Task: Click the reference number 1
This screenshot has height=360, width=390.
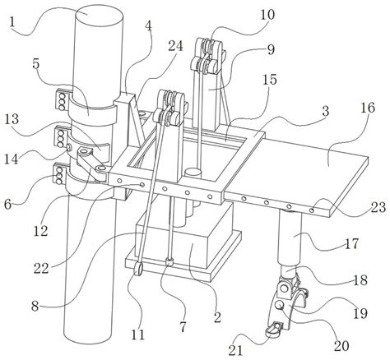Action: (x=12, y=22)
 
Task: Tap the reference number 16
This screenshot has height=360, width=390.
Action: (x=368, y=108)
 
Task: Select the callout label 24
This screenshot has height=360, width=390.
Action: (x=175, y=46)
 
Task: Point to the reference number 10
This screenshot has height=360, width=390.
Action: (x=267, y=15)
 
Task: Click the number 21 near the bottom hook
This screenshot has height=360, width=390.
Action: (x=236, y=350)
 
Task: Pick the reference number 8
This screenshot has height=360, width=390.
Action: (x=35, y=306)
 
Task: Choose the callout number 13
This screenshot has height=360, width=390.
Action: (x=12, y=118)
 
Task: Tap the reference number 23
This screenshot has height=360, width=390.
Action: (x=378, y=207)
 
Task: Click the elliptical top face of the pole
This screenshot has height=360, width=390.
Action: (x=99, y=13)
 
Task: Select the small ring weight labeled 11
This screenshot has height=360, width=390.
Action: (x=139, y=269)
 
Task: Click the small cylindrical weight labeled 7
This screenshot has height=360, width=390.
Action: (x=169, y=262)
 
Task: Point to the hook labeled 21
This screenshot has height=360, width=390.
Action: (x=274, y=330)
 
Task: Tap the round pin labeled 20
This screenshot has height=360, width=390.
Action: (x=280, y=305)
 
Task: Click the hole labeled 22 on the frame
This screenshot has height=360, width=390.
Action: (x=142, y=185)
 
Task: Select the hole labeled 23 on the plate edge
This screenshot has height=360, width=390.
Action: (x=312, y=210)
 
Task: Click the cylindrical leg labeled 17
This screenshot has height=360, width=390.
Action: (x=290, y=237)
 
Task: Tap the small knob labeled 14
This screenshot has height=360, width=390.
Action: (x=68, y=147)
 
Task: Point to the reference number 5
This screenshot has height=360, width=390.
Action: (x=36, y=63)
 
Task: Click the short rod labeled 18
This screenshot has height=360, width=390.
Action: (x=289, y=272)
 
